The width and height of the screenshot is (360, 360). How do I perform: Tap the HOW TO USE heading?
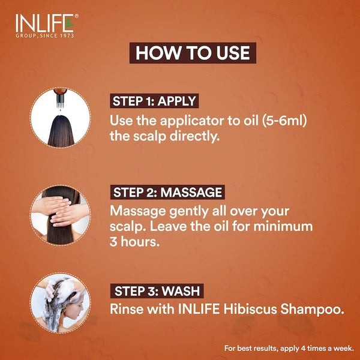coord(192,52)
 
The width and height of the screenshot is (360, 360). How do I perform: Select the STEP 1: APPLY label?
coord(154,101)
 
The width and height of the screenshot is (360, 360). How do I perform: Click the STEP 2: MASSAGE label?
coord(167,193)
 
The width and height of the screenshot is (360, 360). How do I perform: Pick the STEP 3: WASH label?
coord(157,292)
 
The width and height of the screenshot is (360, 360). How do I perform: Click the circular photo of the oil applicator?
coord(60,118)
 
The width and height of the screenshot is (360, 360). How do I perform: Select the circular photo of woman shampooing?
coord(60,302)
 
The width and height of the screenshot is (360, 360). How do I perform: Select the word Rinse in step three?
coord(127,311)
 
